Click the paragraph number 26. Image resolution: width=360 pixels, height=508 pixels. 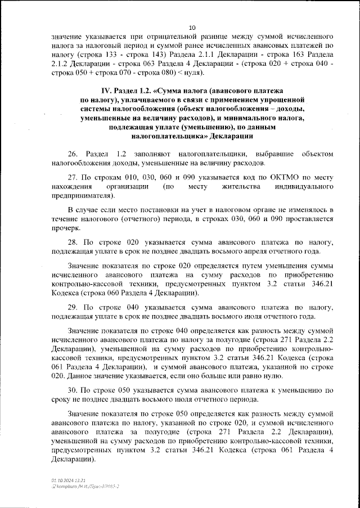[72, 154]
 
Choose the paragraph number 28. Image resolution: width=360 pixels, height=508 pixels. [72, 241]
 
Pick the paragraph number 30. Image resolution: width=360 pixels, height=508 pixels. [72, 390]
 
